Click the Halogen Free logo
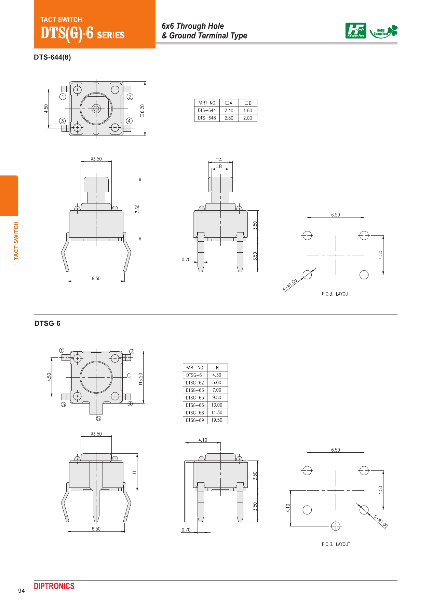tap(355, 31)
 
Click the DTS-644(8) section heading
tap(52, 57)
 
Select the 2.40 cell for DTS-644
tap(229, 111)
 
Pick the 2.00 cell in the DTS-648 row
tap(247, 118)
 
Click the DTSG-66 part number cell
tap(195, 405)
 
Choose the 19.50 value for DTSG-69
tap(217, 420)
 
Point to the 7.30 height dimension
tap(137, 209)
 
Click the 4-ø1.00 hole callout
tap(290, 285)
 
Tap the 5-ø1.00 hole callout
tap(381, 521)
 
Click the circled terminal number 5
tap(98, 419)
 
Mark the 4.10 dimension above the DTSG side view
tap(203, 440)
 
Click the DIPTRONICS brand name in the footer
tap(54, 586)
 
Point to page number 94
tap(22, 591)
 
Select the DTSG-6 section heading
tap(47, 323)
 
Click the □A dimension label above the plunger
tap(219, 159)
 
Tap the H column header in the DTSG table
tap(217, 368)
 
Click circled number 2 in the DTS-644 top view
tap(130, 97)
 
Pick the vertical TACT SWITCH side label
tap(16, 241)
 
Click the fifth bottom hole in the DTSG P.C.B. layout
tap(336, 526)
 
